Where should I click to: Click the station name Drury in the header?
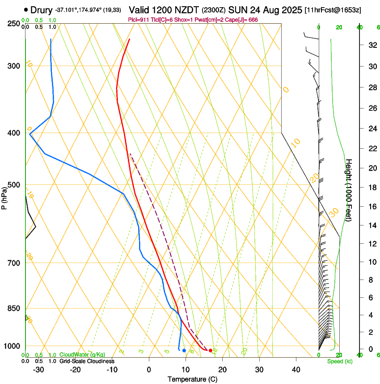pos(42,9)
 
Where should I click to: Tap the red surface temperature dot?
pos(211,350)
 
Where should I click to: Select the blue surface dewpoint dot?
pos(184,350)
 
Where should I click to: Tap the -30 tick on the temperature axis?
pos(38,370)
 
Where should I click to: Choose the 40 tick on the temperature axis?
pos(296,370)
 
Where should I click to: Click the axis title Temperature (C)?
pos(192,379)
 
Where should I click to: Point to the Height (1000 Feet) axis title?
pos(348,190)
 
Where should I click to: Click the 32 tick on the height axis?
pos(371,45)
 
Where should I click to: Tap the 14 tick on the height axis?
pos(371,226)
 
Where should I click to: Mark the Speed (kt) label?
pos(340,361)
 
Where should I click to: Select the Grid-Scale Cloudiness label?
pos(86,361)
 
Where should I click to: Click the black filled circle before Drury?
pos(26,9)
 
